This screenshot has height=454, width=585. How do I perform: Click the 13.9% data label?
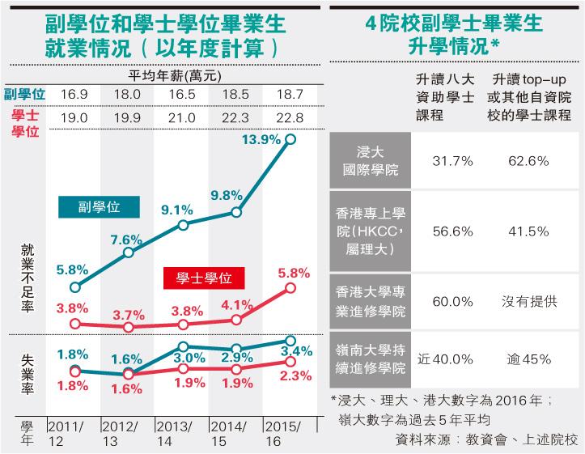click(x=260, y=140)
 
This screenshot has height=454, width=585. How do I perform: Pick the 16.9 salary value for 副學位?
click(x=74, y=95)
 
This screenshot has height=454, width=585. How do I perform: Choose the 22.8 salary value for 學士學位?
click(x=290, y=118)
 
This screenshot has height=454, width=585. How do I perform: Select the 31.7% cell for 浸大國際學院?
click(x=452, y=162)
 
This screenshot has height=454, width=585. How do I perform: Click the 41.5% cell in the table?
click(x=529, y=231)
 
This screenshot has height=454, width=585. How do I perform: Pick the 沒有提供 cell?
click(x=529, y=301)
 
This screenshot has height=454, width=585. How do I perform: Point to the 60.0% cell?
click(x=452, y=301)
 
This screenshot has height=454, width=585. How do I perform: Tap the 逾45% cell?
click(x=529, y=359)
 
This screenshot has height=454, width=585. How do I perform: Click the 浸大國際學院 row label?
click(x=370, y=162)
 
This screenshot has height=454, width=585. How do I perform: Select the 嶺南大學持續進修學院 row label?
click(x=370, y=359)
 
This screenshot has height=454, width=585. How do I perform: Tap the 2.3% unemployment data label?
click(x=296, y=375)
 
